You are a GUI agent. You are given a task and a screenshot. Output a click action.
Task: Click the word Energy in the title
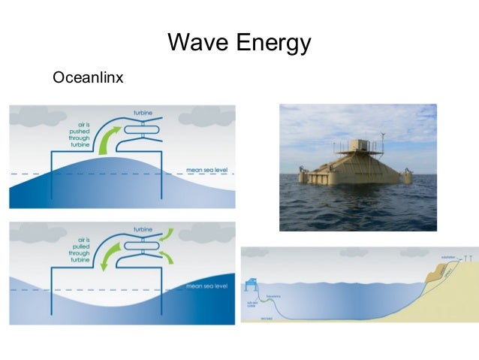click(271, 43)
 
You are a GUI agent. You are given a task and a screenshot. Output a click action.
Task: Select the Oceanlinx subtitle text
click(88, 77)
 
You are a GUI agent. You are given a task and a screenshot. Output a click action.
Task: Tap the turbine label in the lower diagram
click(143, 228)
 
